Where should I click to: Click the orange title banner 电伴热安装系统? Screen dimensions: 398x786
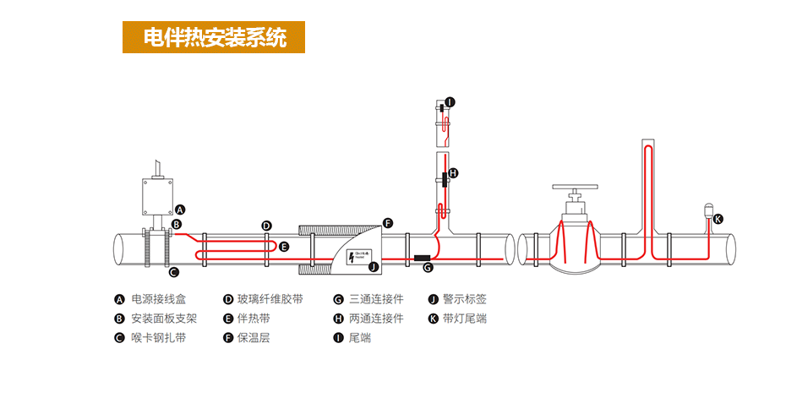point(214,37)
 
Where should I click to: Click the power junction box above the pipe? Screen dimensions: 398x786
point(156,196)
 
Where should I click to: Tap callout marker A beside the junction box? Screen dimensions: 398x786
point(180,210)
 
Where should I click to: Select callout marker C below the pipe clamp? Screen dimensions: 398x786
point(173,271)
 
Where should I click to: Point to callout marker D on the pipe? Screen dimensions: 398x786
point(266,226)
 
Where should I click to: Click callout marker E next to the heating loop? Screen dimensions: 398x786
point(284,247)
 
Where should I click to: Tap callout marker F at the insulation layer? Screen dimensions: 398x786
point(388,223)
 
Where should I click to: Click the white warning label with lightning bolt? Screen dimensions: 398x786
point(355,256)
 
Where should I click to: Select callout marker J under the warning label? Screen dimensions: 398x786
point(374,267)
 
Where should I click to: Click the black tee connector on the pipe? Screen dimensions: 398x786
point(422,256)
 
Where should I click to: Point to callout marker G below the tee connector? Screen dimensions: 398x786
point(428,268)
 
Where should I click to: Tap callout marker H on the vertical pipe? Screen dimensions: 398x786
point(453,173)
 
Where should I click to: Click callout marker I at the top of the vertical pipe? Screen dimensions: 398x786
point(450,102)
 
